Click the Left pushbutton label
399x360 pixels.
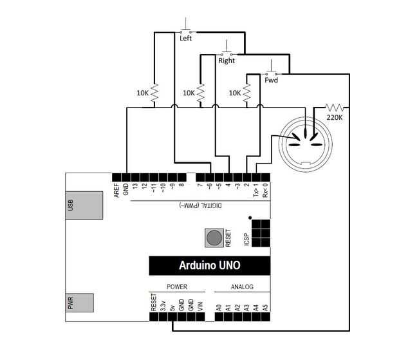click(185, 38)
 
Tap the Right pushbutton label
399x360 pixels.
click(227, 61)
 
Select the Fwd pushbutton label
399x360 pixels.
click(271, 81)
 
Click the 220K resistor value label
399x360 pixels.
click(335, 118)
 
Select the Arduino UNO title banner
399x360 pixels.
click(205, 265)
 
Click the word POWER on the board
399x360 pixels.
click(177, 287)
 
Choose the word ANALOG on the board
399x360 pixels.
click(242, 287)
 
